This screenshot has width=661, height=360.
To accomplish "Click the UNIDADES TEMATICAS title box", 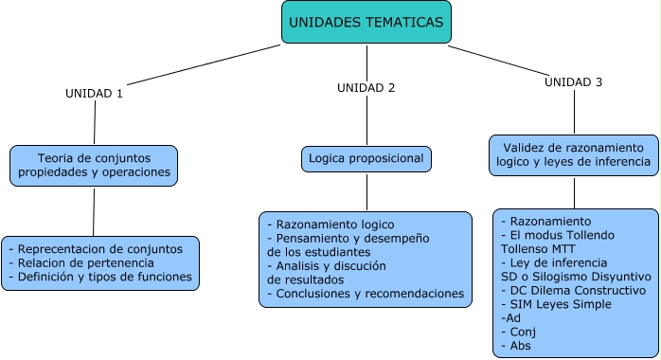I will [x=365, y=22].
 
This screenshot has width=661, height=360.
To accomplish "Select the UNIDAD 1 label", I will [x=94, y=93].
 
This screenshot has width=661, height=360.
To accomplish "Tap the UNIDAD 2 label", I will [x=366, y=87].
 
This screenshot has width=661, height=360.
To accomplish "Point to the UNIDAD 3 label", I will [x=573, y=82].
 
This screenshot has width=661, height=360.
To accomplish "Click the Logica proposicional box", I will [x=366, y=158].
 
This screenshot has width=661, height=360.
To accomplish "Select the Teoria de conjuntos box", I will [x=94, y=165].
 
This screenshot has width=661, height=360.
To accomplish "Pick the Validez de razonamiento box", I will [x=574, y=155].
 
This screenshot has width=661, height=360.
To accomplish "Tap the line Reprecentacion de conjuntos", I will [x=99, y=249].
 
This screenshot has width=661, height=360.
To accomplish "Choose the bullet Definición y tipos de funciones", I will [x=100, y=278].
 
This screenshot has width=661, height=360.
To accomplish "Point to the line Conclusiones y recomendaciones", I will [x=366, y=295].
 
